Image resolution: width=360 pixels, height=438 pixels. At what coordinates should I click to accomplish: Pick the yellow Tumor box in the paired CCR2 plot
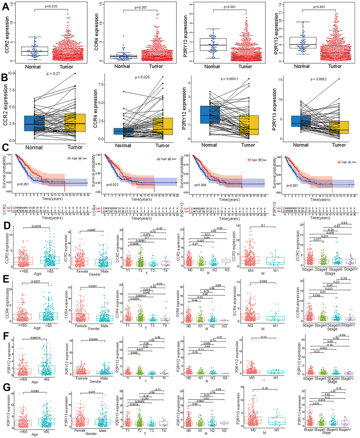click(75, 123)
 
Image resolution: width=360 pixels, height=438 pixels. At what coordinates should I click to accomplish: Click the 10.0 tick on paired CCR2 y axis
click(12, 73)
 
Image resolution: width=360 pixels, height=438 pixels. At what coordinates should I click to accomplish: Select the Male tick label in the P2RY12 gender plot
click(104, 378)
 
